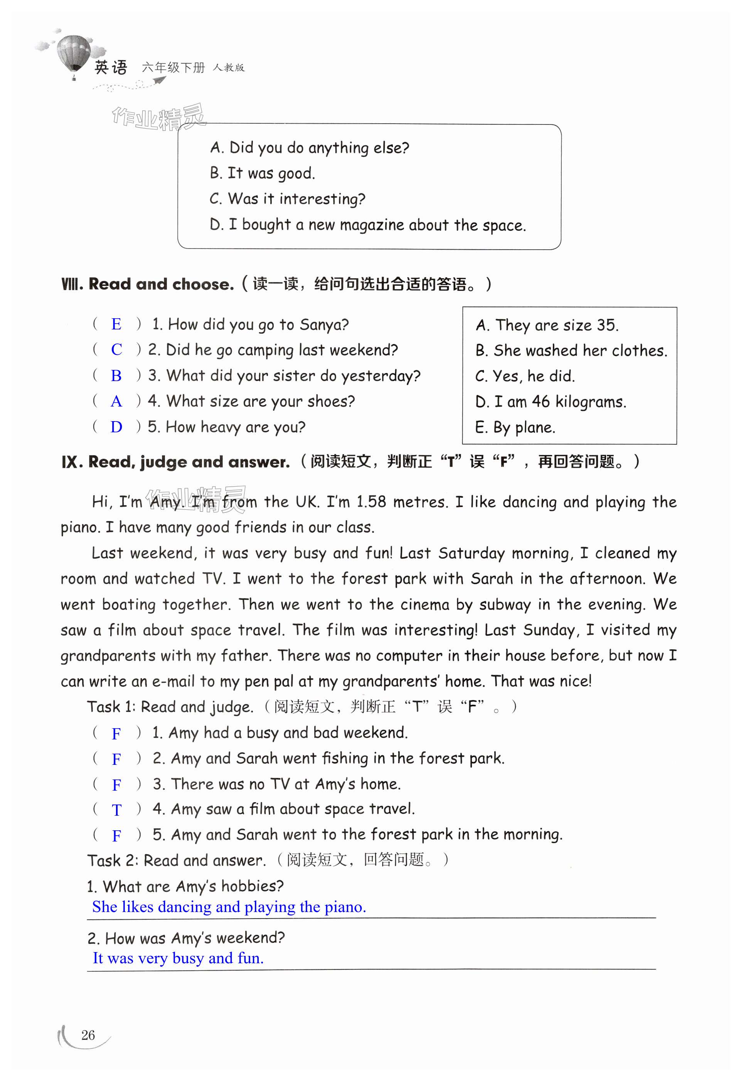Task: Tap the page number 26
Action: click(88, 1035)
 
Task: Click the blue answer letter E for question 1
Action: click(116, 324)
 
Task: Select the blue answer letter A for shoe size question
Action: click(116, 401)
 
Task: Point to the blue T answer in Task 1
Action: click(117, 810)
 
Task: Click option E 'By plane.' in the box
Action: click(515, 427)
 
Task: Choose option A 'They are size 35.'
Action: click(547, 325)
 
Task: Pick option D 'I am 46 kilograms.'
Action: click(551, 401)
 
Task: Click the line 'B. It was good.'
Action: click(262, 173)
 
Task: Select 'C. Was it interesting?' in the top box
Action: click(287, 199)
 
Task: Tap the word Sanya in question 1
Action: click(323, 324)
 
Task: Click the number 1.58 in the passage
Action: click(371, 502)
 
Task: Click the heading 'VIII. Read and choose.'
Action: click(147, 284)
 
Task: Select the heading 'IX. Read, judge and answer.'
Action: click(176, 462)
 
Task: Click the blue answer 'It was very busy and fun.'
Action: click(178, 958)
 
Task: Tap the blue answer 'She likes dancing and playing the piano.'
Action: click(229, 907)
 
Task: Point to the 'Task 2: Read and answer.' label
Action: click(177, 861)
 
